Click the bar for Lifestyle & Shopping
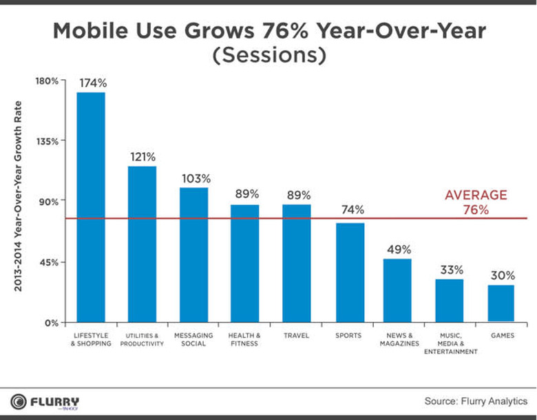(x=90, y=207)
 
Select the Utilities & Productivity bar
(x=142, y=244)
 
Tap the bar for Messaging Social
(x=193, y=255)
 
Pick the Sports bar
(x=350, y=272)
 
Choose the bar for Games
(x=501, y=303)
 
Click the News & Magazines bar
(x=397, y=290)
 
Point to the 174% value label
(x=92, y=83)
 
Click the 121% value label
(x=143, y=156)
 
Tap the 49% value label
(x=398, y=249)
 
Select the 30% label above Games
(x=502, y=275)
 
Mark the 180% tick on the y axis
(x=48, y=81)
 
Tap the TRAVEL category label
(x=296, y=335)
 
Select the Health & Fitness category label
(x=245, y=339)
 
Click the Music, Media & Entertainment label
(x=450, y=343)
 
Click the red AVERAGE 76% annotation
(x=475, y=202)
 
